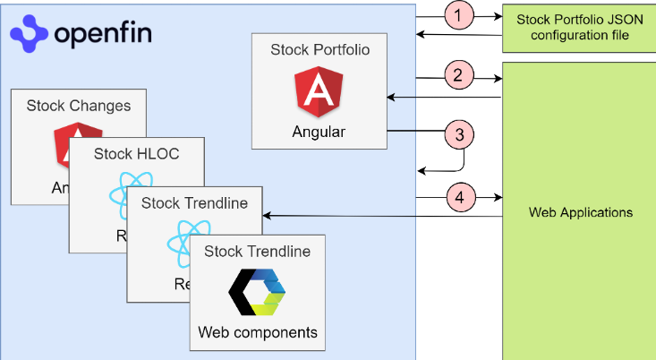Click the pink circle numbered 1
459,16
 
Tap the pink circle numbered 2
458,75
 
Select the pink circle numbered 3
459,135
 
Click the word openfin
103,34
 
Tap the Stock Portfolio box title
319,50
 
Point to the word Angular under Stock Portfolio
319,133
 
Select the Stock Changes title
78,106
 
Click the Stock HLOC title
136,154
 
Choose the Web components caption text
258,333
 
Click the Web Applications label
581,213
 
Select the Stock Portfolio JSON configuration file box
579,27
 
